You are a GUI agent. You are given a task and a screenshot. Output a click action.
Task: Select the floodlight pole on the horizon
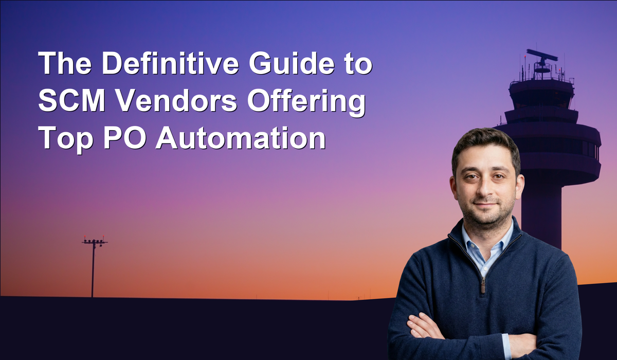click(93, 266)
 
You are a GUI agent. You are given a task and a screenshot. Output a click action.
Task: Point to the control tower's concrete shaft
click(541, 212)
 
